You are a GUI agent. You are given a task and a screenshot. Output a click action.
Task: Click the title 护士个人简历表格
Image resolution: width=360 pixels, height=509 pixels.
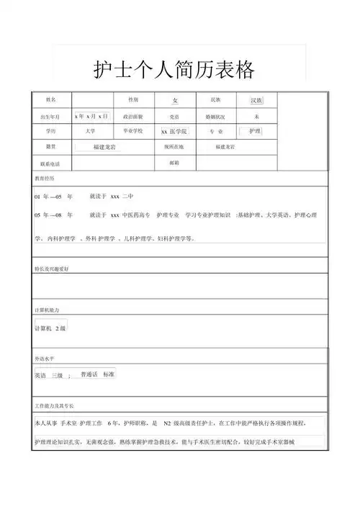(175, 70)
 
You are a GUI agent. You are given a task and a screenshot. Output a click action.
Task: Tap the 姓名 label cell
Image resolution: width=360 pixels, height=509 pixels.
(50, 99)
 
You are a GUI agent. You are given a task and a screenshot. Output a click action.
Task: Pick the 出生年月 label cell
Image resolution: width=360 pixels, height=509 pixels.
(50, 116)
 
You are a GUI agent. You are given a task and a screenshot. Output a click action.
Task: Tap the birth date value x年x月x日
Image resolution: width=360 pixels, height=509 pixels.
(91, 116)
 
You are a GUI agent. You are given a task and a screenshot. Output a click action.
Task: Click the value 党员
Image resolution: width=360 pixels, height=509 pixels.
(174, 116)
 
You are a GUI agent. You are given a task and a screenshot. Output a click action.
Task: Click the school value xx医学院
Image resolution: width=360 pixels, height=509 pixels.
(174, 132)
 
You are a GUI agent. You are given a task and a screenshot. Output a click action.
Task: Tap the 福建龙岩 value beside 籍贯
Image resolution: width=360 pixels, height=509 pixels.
(109, 147)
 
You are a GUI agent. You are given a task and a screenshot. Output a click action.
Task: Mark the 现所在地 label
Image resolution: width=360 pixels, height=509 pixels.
(174, 147)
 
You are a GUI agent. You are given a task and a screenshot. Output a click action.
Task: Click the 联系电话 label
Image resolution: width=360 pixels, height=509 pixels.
(50, 163)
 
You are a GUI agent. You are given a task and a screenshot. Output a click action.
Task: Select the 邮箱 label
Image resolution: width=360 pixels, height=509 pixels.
(174, 163)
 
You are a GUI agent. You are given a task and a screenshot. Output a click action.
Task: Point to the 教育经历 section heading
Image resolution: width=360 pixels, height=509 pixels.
(44, 177)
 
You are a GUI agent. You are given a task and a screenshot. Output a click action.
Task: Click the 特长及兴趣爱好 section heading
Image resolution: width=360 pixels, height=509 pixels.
(52, 269)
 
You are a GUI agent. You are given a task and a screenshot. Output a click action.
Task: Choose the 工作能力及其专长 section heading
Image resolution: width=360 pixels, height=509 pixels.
(55, 406)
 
